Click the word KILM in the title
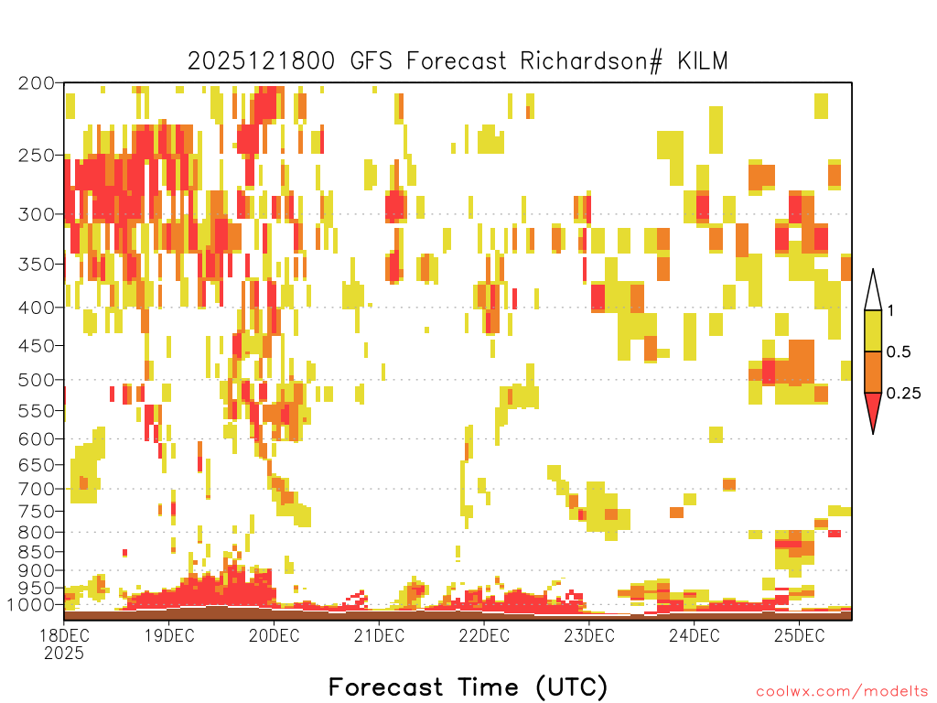pos(703,61)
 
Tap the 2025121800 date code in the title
pos(261,61)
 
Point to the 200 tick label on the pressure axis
pos(37,83)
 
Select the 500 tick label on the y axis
pos(37,380)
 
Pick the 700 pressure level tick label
pos(37,489)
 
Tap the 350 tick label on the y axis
pos(37,265)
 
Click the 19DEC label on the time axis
pos(169,635)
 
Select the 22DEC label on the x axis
pos(484,635)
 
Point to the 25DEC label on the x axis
pos(800,635)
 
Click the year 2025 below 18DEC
pos(64,654)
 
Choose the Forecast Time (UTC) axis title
pos(468,687)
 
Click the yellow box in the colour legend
pos(873,330)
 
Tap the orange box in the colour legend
pos(873,372)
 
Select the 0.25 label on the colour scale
pos(903,394)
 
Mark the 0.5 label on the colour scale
pos(899,352)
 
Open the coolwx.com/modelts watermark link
pos(842,692)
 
